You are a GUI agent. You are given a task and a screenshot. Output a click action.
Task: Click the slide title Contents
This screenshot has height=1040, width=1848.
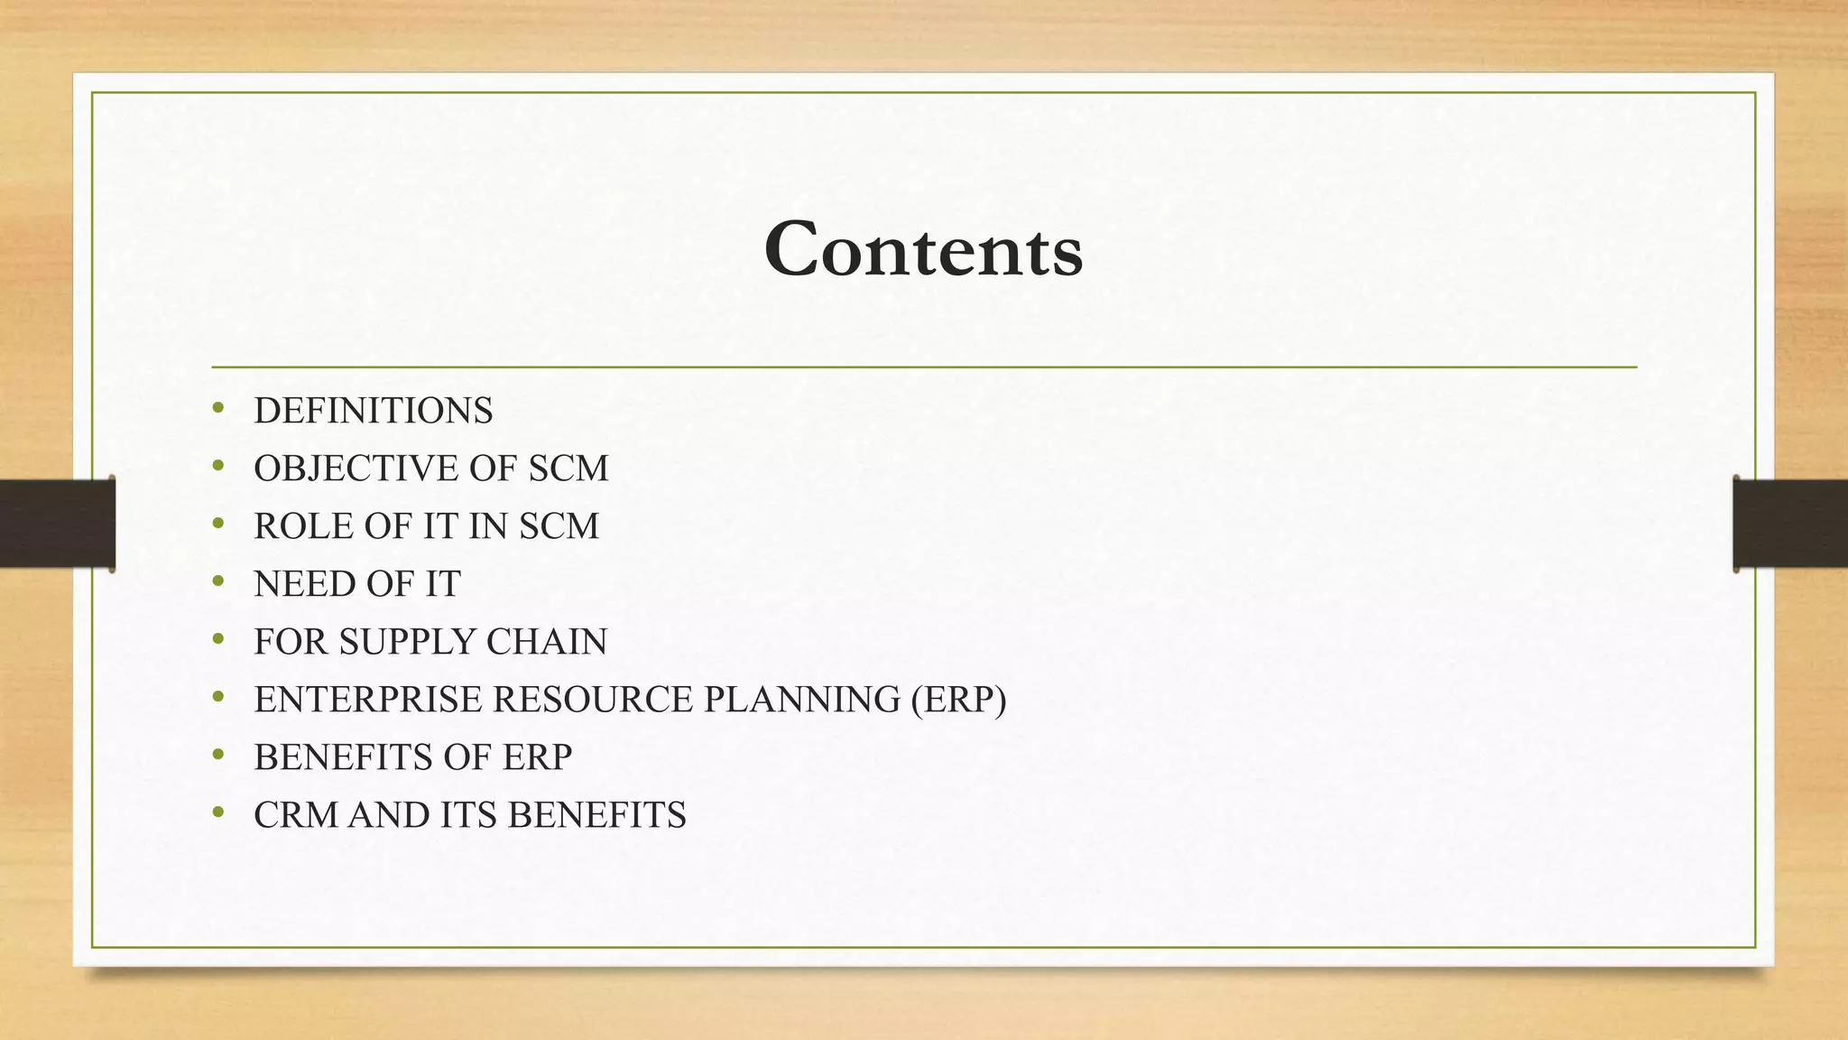(x=923, y=250)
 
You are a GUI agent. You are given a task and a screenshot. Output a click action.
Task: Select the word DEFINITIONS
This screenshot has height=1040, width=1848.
(x=374, y=411)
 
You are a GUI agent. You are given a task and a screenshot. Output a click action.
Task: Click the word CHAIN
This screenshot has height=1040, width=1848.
(x=547, y=642)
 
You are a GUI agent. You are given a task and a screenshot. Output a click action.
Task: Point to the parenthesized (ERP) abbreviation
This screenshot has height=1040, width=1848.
(x=958, y=700)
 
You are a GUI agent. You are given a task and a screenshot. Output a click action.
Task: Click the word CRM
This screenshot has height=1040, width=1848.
(x=296, y=815)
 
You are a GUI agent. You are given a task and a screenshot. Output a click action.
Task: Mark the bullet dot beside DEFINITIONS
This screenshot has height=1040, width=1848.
(x=218, y=409)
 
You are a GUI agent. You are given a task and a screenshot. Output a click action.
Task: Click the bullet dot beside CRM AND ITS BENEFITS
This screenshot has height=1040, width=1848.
(x=218, y=813)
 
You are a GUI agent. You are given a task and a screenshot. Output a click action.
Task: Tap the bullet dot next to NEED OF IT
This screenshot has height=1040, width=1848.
(x=218, y=582)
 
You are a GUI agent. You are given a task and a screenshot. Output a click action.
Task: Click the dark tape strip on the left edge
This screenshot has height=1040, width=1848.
(x=56, y=524)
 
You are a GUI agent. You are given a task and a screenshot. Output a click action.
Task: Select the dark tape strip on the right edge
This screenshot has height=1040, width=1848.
(x=1790, y=524)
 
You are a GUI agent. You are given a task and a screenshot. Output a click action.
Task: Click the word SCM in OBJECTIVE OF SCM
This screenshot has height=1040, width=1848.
(x=568, y=469)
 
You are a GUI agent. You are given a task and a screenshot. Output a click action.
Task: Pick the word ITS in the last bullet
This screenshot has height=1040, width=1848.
(x=469, y=815)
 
